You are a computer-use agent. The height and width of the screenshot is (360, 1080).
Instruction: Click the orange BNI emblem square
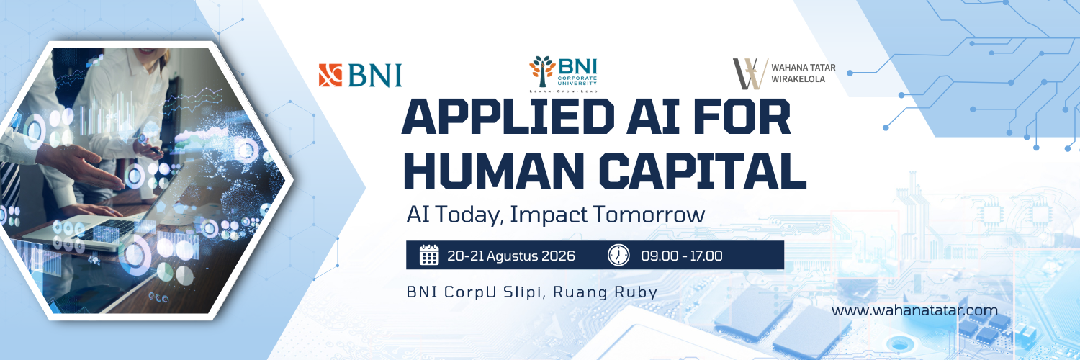330,75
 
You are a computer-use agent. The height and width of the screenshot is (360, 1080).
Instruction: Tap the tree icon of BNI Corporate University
542,71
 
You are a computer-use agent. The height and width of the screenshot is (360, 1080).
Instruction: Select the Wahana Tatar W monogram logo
750,73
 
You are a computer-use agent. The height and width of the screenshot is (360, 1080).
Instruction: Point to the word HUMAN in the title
495,171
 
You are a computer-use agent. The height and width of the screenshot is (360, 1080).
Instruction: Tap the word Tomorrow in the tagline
649,215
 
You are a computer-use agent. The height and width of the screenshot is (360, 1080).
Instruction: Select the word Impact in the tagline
549,215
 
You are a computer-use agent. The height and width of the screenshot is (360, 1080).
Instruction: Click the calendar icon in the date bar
429,255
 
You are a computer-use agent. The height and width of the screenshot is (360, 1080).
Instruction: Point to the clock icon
618,255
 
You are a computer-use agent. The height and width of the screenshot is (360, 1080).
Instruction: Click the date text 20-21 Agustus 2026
511,256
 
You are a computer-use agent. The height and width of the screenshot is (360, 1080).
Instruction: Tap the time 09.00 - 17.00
682,256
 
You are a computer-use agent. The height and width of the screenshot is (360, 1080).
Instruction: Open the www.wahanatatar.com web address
914,310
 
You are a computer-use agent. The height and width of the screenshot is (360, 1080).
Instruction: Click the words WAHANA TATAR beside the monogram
804,68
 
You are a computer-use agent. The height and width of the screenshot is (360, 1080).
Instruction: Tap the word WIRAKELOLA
798,79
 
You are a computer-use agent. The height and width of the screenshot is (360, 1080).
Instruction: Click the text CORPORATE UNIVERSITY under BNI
577,80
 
